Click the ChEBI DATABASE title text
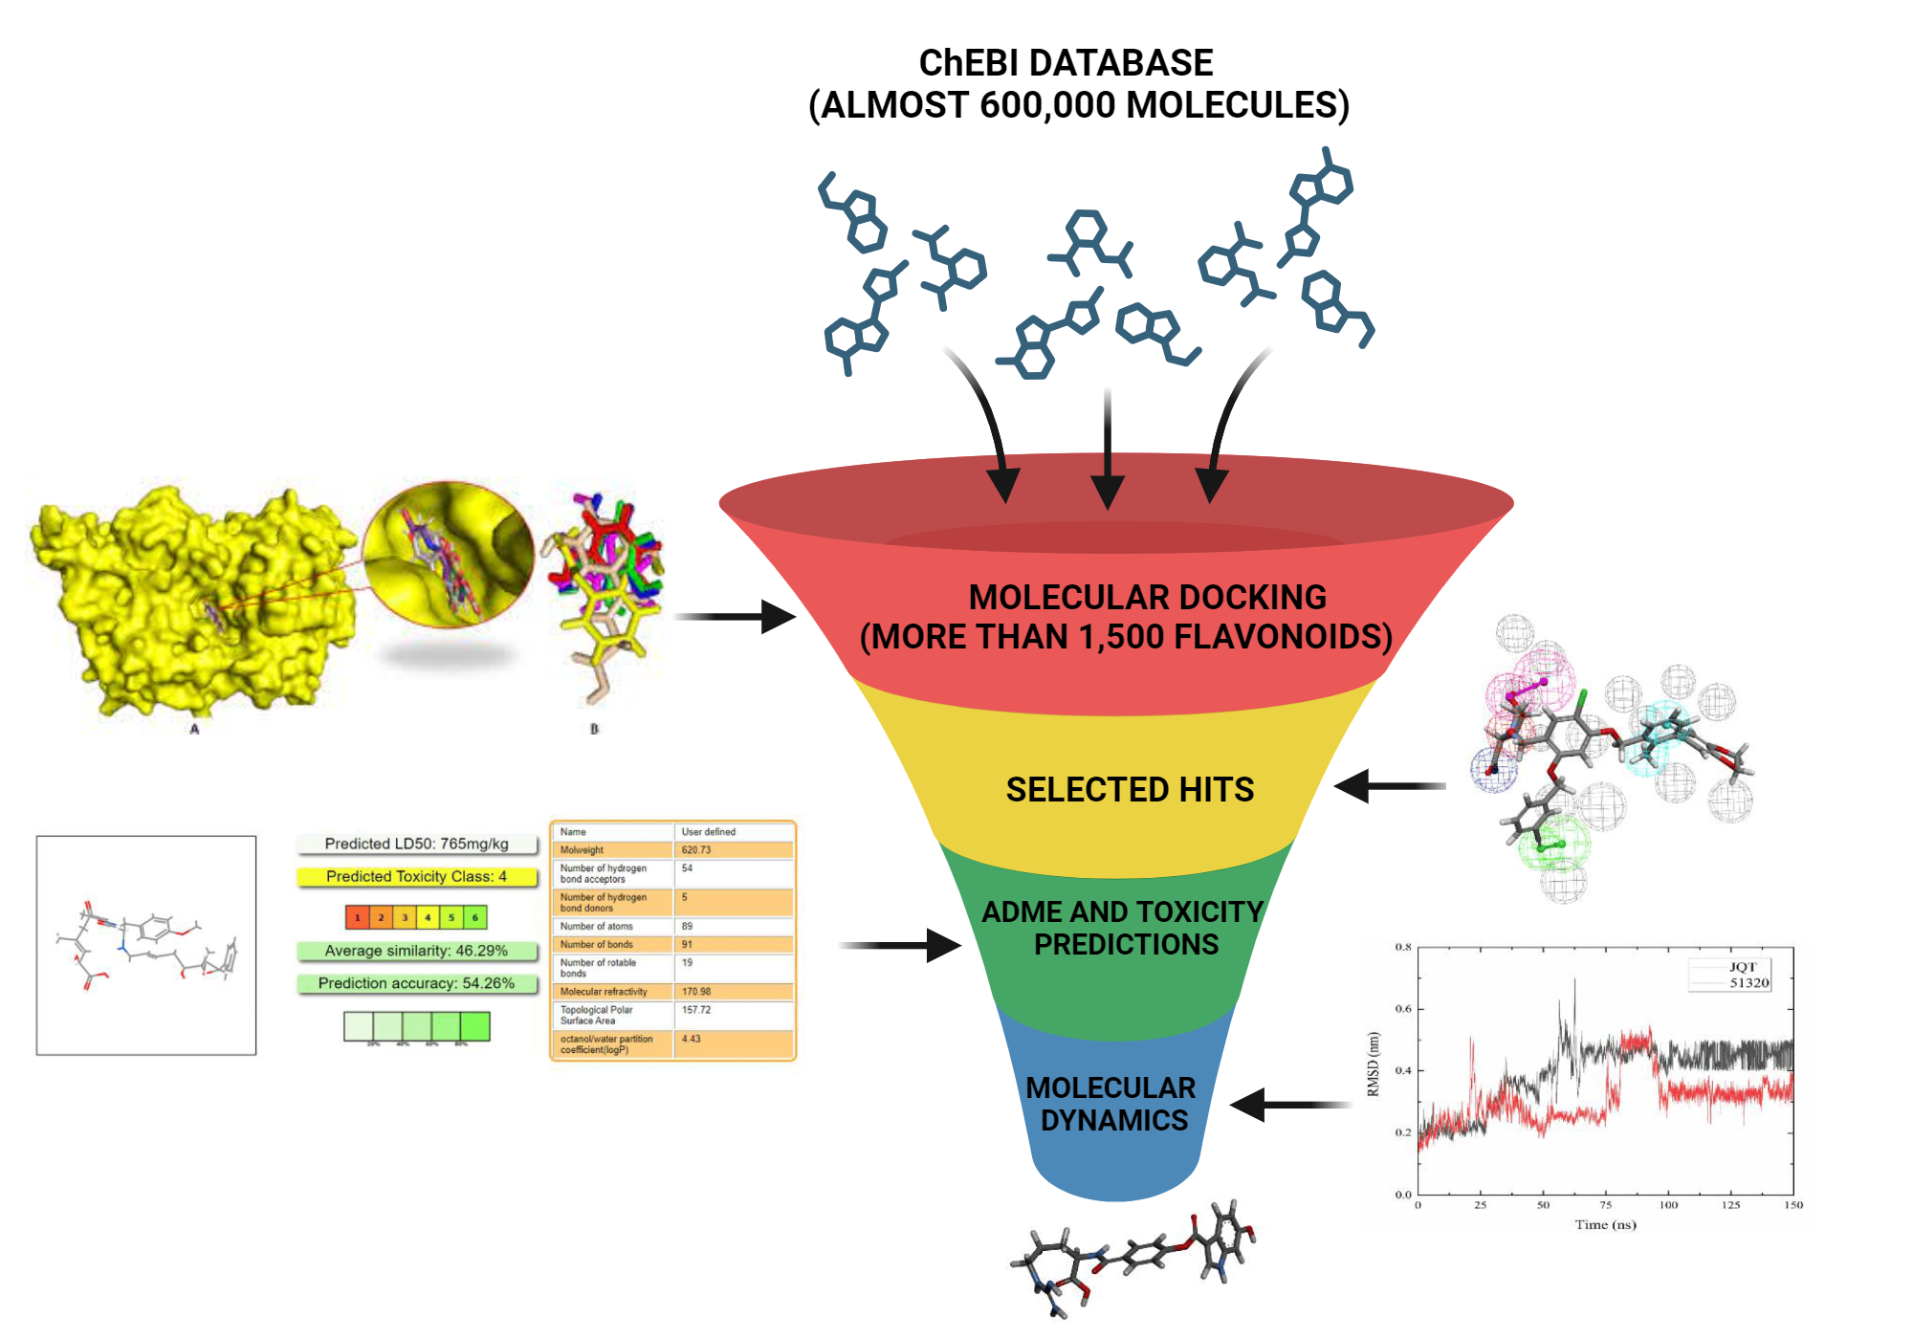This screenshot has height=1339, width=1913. [x=1066, y=63]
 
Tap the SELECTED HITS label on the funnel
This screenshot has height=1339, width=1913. [x=1130, y=790]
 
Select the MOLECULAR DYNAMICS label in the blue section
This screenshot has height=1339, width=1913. [x=1112, y=1104]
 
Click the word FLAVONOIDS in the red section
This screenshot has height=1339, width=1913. [x=1282, y=637]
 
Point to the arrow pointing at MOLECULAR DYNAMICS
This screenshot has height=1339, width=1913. [x=1286, y=1105]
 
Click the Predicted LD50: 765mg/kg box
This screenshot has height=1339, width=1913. [x=417, y=844]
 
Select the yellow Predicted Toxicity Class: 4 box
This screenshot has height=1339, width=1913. [x=417, y=876]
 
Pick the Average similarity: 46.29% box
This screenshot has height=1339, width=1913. [x=417, y=951]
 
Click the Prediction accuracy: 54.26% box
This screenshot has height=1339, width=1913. [x=417, y=983]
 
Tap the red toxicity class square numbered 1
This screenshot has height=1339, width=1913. [x=357, y=917]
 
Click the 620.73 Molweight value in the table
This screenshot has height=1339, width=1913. [x=696, y=849]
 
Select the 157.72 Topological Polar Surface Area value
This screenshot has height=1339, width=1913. [x=696, y=1010]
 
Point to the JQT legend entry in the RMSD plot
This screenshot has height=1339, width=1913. [x=1742, y=967]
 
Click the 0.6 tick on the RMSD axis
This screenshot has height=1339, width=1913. [x=1403, y=1009]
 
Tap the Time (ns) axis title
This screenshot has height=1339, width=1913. [x=1605, y=1224]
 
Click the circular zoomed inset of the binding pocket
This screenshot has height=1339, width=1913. [x=448, y=555]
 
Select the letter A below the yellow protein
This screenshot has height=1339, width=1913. [x=194, y=729]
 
